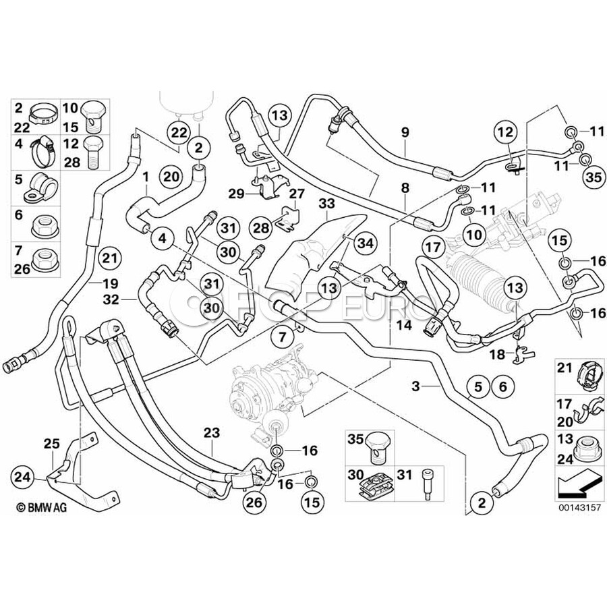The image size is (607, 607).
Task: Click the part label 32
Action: (129, 297)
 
